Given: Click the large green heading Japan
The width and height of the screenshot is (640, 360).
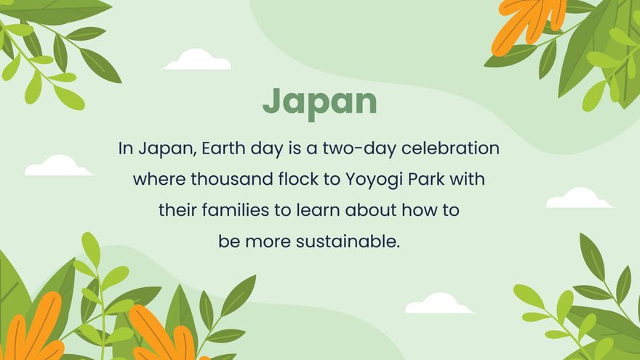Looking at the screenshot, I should (x=320, y=102).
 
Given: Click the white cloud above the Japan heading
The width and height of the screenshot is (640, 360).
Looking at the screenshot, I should (x=196, y=60).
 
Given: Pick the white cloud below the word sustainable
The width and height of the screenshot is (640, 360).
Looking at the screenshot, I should (x=439, y=304).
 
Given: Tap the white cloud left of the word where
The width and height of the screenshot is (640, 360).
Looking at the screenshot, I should (x=58, y=167).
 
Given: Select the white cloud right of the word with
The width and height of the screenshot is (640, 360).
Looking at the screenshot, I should (x=579, y=199).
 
